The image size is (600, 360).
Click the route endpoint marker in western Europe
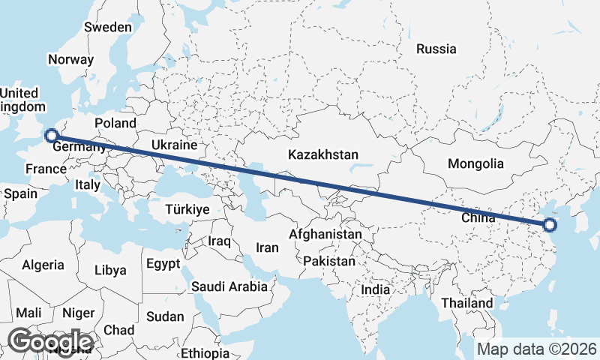tap(51, 136)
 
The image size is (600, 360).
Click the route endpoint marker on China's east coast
tap(549, 224)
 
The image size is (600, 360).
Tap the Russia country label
tap(436, 49)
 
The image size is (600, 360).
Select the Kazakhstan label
tap(323, 154)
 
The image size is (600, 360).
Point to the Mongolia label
tap(475, 163)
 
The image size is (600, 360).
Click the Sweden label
tap(108, 27)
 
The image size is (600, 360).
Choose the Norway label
tap(70, 59)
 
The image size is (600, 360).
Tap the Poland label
tap(115, 123)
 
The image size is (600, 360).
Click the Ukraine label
tap(174, 145)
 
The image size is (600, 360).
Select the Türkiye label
tap(187, 209)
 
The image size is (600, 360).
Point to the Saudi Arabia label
tap(229, 286)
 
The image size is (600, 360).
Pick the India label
tap(375, 289)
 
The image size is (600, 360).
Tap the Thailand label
tap(467, 303)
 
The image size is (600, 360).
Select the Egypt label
tap(163, 264)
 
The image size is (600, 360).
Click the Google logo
tap(51, 342)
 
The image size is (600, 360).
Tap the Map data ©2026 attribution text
tap(537, 349)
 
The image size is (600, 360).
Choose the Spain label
tap(20, 193)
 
